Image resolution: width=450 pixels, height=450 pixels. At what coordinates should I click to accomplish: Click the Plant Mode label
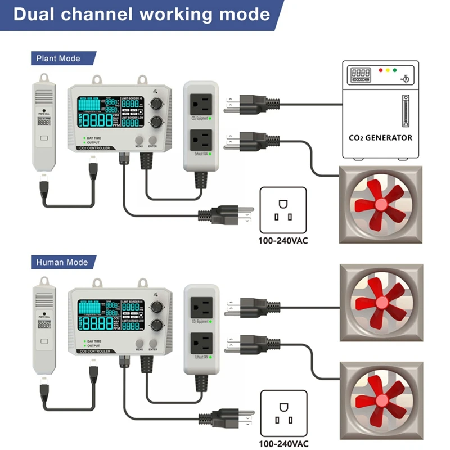tap(58, 58)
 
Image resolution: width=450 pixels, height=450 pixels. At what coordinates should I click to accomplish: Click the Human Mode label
tap(62, 262)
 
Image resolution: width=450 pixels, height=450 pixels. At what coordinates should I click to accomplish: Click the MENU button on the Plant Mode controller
tap(139, 140)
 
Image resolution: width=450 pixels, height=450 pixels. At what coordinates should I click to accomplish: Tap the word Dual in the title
tap(38, 14)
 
